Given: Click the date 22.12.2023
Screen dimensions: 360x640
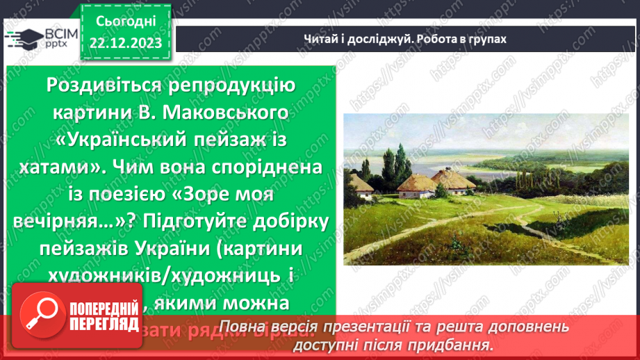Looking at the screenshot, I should point(125,43).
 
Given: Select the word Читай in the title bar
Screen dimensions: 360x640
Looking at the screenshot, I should point(318,39).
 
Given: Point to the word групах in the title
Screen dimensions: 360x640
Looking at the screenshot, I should point(482,39).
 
